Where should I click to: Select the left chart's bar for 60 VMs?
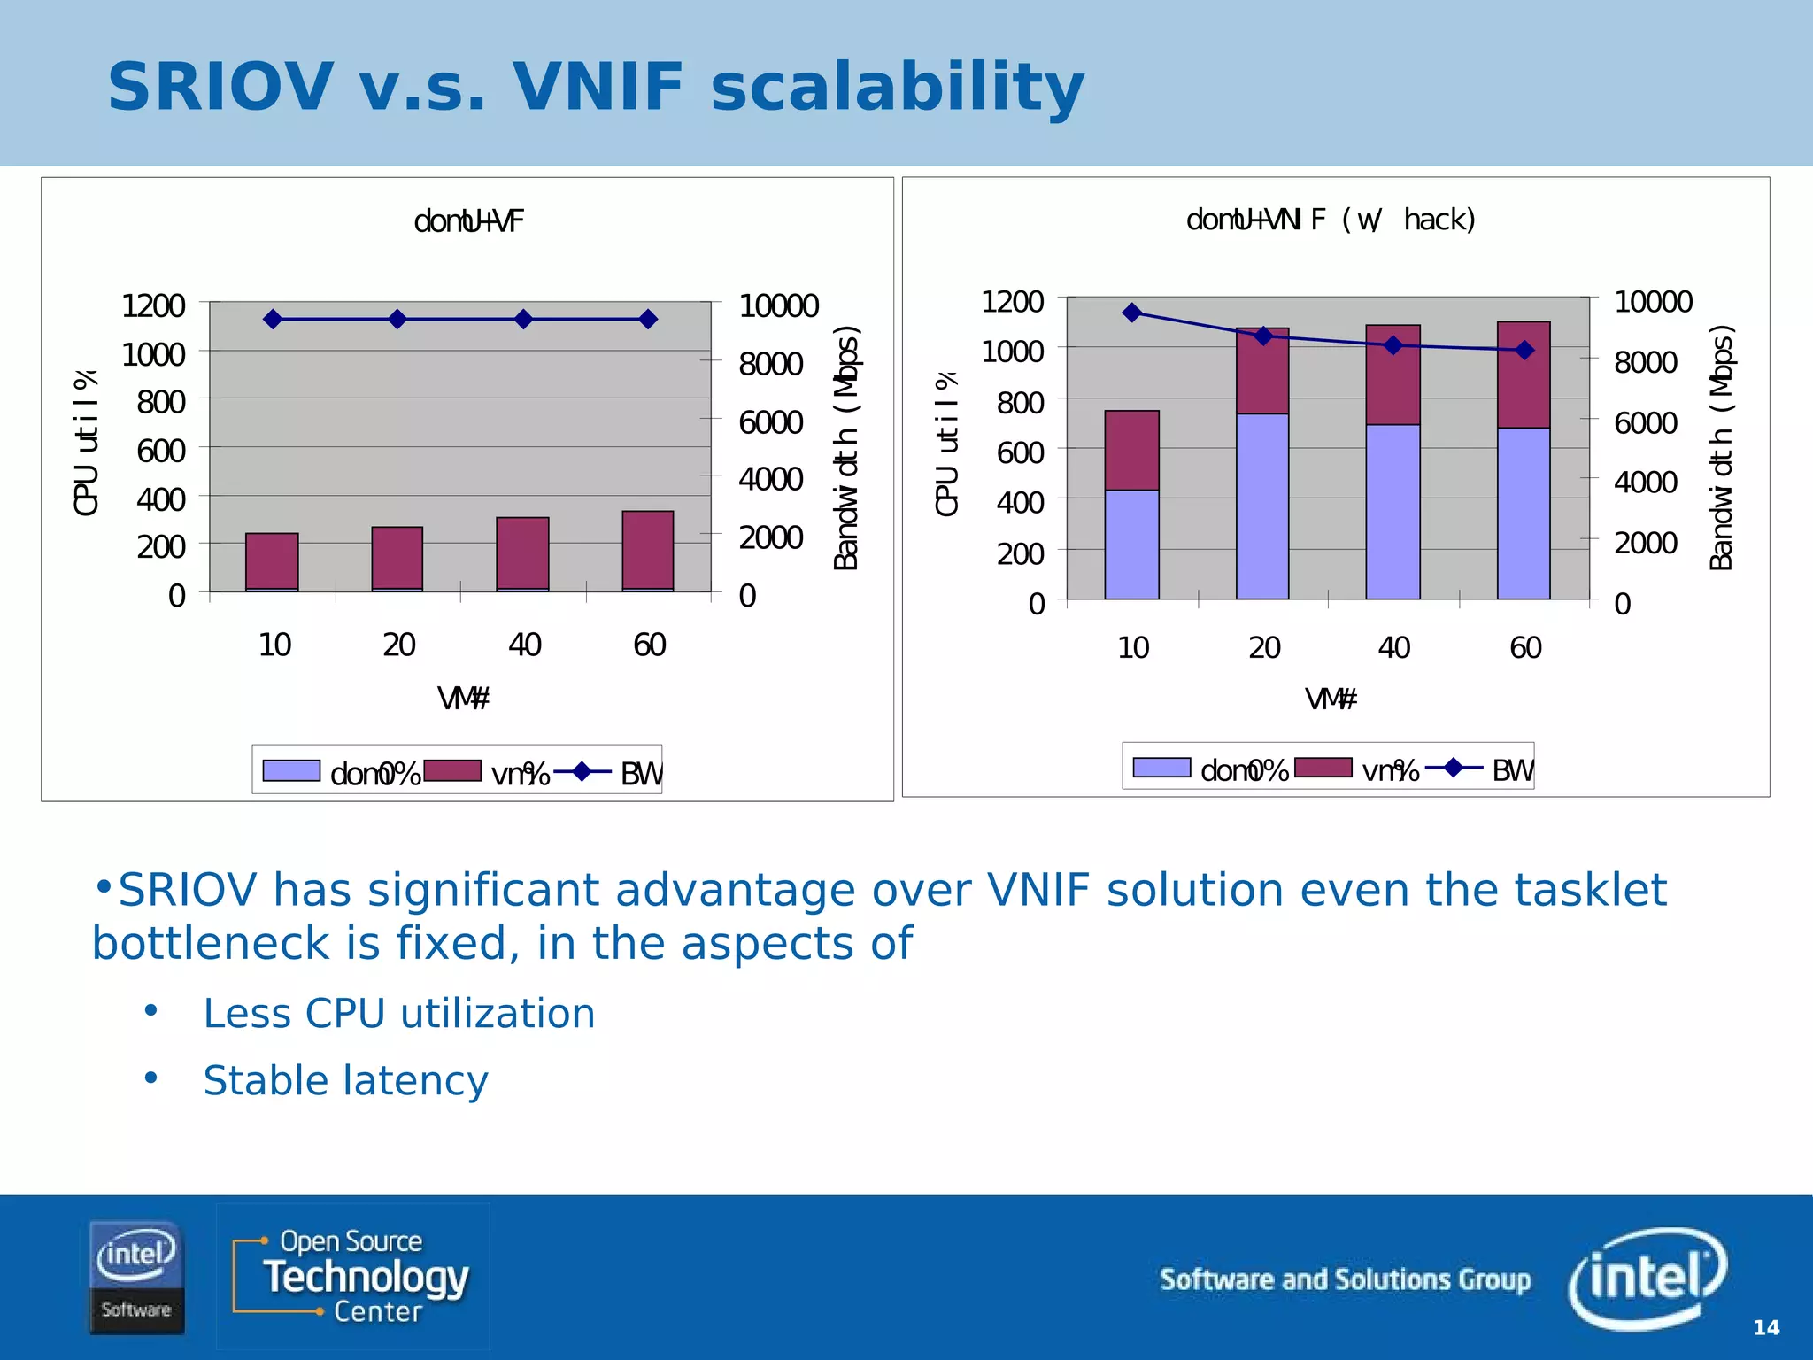click(648, 551)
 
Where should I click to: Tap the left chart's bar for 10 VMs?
click(272, 561)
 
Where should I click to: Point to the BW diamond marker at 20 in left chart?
click(397, 319)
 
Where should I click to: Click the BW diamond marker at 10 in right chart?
click(1131, 313)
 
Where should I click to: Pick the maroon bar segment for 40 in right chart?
click(1393, 375)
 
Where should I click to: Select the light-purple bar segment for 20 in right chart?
click(1262, 506)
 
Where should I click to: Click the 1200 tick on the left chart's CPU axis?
click(152, 306)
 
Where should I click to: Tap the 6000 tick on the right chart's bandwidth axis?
click(1645, 422)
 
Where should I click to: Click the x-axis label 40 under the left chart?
click(524, 645)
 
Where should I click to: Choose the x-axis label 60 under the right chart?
click(1525, 648)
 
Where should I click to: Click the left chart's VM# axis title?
click(463, 699)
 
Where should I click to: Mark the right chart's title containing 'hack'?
click(1331, 220)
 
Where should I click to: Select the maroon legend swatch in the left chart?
click(452, 770)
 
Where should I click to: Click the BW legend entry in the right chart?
click(1511, 770)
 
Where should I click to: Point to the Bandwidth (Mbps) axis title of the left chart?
click(846, 448)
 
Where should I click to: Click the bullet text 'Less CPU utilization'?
click(399, 1013)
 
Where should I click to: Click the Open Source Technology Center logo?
click(352, 1276)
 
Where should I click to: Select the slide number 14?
click(1765, 1327)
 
